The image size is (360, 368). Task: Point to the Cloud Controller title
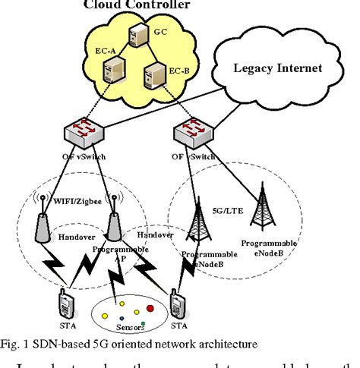tap(149, 5)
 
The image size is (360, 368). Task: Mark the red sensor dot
tap(150, 308)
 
